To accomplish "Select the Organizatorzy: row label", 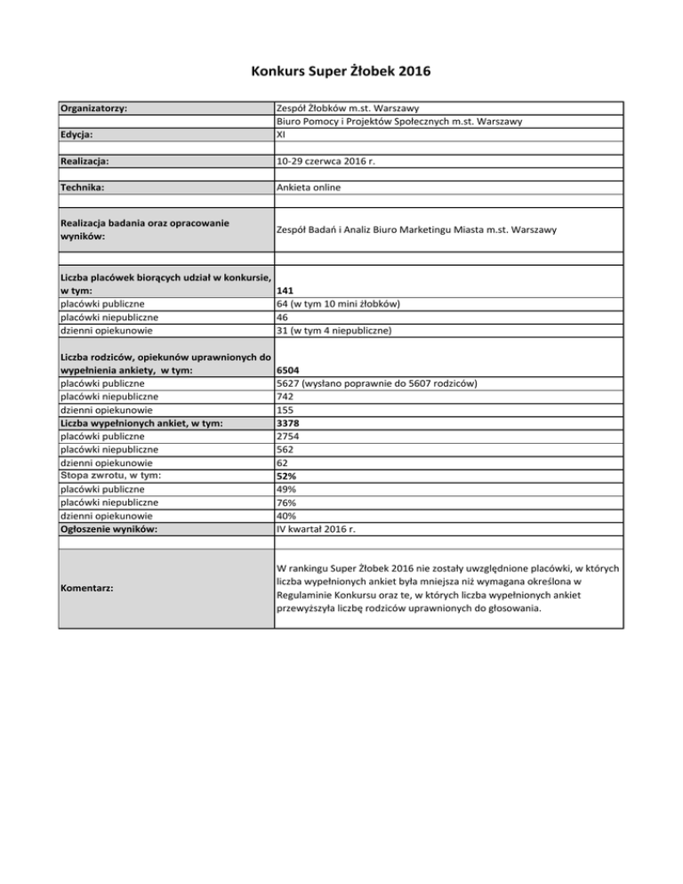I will [92, 108].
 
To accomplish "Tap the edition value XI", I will [282, 135].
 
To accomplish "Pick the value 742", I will [286, 397].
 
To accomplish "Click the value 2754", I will [290, 437].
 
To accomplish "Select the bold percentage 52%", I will [286, 477].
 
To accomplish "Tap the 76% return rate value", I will [286, 503].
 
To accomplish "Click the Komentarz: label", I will [87, 588].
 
